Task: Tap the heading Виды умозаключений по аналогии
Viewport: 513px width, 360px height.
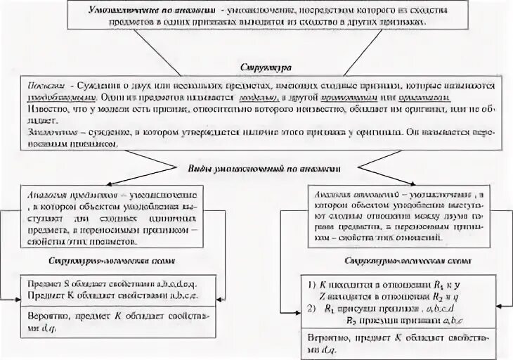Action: [264, 169]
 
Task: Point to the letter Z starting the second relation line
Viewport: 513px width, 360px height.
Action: [322, 295]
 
